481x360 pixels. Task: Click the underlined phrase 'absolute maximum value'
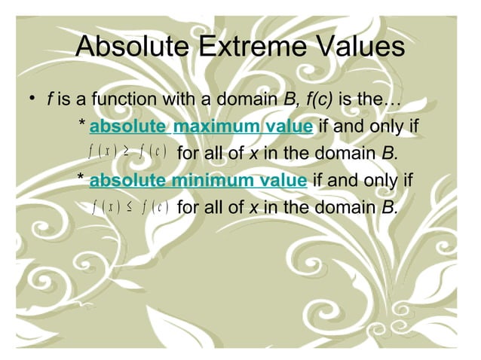coord(201,127)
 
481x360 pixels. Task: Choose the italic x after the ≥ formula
coord(254,154)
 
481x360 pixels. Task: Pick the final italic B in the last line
coord(388,207)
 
